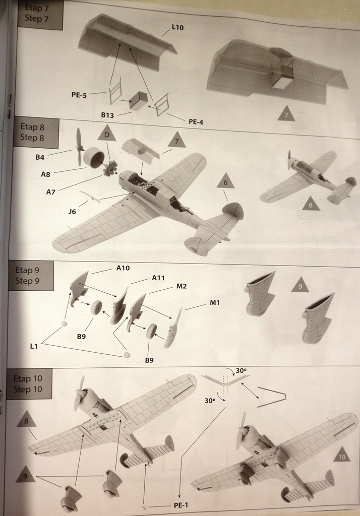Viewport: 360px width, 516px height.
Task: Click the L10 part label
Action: [177, 28]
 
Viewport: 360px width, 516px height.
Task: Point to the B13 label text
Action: [107, 115]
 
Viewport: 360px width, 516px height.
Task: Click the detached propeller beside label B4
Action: [79, 147]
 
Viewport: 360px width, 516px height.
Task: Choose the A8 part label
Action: [45, 174]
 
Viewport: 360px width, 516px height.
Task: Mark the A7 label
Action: [51, 191]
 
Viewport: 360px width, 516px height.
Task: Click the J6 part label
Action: [73, 212]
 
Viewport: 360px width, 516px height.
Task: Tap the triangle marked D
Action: [106, 134]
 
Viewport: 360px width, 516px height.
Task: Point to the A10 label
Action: [123, 268]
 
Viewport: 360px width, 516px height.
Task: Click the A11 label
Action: [158, 278]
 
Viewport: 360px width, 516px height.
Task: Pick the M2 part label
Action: [182, 286]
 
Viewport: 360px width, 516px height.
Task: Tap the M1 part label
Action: [215, 303]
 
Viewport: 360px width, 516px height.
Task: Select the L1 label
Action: [34, 346]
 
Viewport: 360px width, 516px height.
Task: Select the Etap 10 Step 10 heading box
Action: [29, 384]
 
